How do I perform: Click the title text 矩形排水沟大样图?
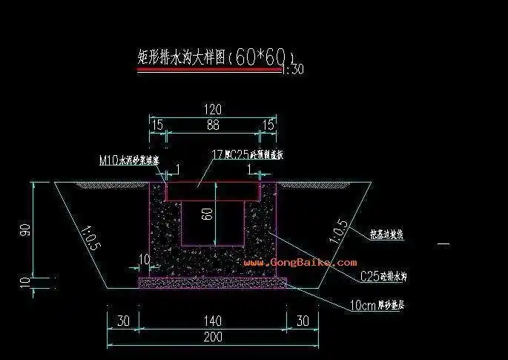(x=181, y=58)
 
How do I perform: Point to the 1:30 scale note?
(x=294, y=70)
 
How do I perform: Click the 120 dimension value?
(x=213, y=109)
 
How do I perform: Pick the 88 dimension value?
(x=213, y=126)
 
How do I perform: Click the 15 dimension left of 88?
(x=157, y=126)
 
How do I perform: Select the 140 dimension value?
(x=213, y=321)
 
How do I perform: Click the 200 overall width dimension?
(x=213, y=337)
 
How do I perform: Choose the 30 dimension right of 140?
(x=302, y=321)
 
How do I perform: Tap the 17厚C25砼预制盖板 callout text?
(x=248, y=154)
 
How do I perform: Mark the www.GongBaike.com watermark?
(x=300, y=262)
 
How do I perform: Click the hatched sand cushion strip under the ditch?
(x=213, y=282)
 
